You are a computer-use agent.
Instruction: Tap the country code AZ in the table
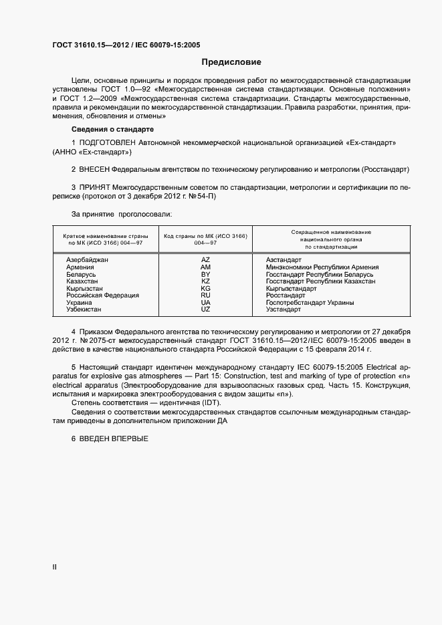[205, 259]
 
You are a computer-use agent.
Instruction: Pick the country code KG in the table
[205, 288]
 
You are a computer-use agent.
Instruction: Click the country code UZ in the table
[205, 309]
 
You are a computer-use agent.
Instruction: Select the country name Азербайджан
[87, 259]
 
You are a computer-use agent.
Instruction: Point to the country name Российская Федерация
[102, 295]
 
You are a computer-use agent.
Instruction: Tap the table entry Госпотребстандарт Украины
[310, 303]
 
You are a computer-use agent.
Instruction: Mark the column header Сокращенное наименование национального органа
[331, 239]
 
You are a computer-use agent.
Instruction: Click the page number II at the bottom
[55, 567]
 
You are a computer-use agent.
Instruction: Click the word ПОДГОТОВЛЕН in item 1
[108, 143]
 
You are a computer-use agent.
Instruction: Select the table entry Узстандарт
[284, 309]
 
